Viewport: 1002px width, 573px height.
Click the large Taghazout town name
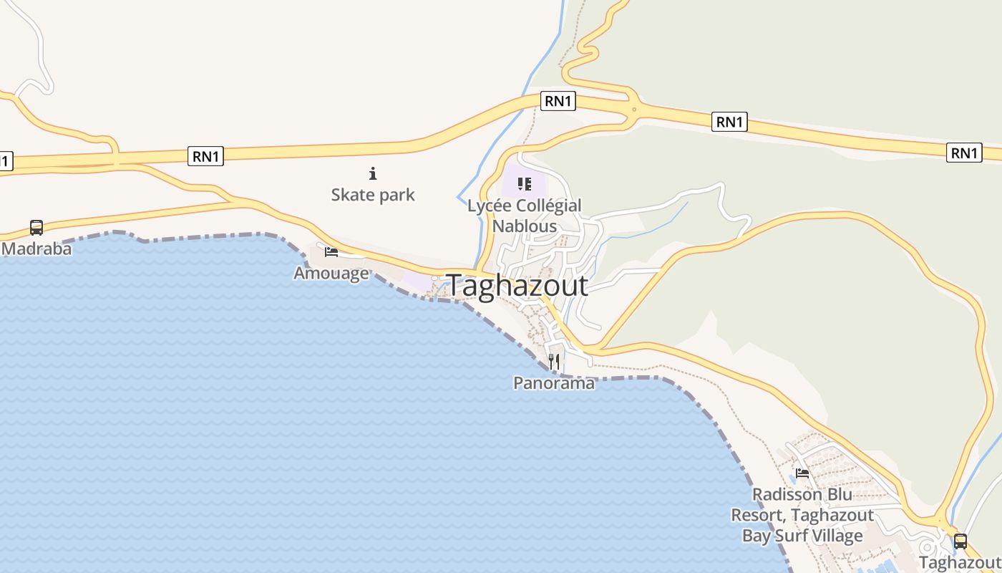point(517,286)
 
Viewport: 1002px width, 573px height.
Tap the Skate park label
point(372,195)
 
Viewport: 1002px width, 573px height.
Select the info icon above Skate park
point(372,173)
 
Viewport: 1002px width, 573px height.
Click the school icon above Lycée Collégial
point(525,184)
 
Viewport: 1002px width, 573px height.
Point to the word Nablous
point(525,226)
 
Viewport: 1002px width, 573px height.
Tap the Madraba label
point(37,249)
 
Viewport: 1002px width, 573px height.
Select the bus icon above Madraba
point(37,228)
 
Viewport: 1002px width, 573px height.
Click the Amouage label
point(331,273)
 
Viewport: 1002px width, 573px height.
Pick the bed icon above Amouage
point(331,251)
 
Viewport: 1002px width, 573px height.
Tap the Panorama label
point(554,383)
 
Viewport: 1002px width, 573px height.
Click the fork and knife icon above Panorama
point(554,362)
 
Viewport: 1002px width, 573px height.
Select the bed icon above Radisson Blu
point(802,473)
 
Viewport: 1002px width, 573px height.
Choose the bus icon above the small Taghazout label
point(960,541)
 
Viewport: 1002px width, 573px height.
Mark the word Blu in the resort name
point(838,495)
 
